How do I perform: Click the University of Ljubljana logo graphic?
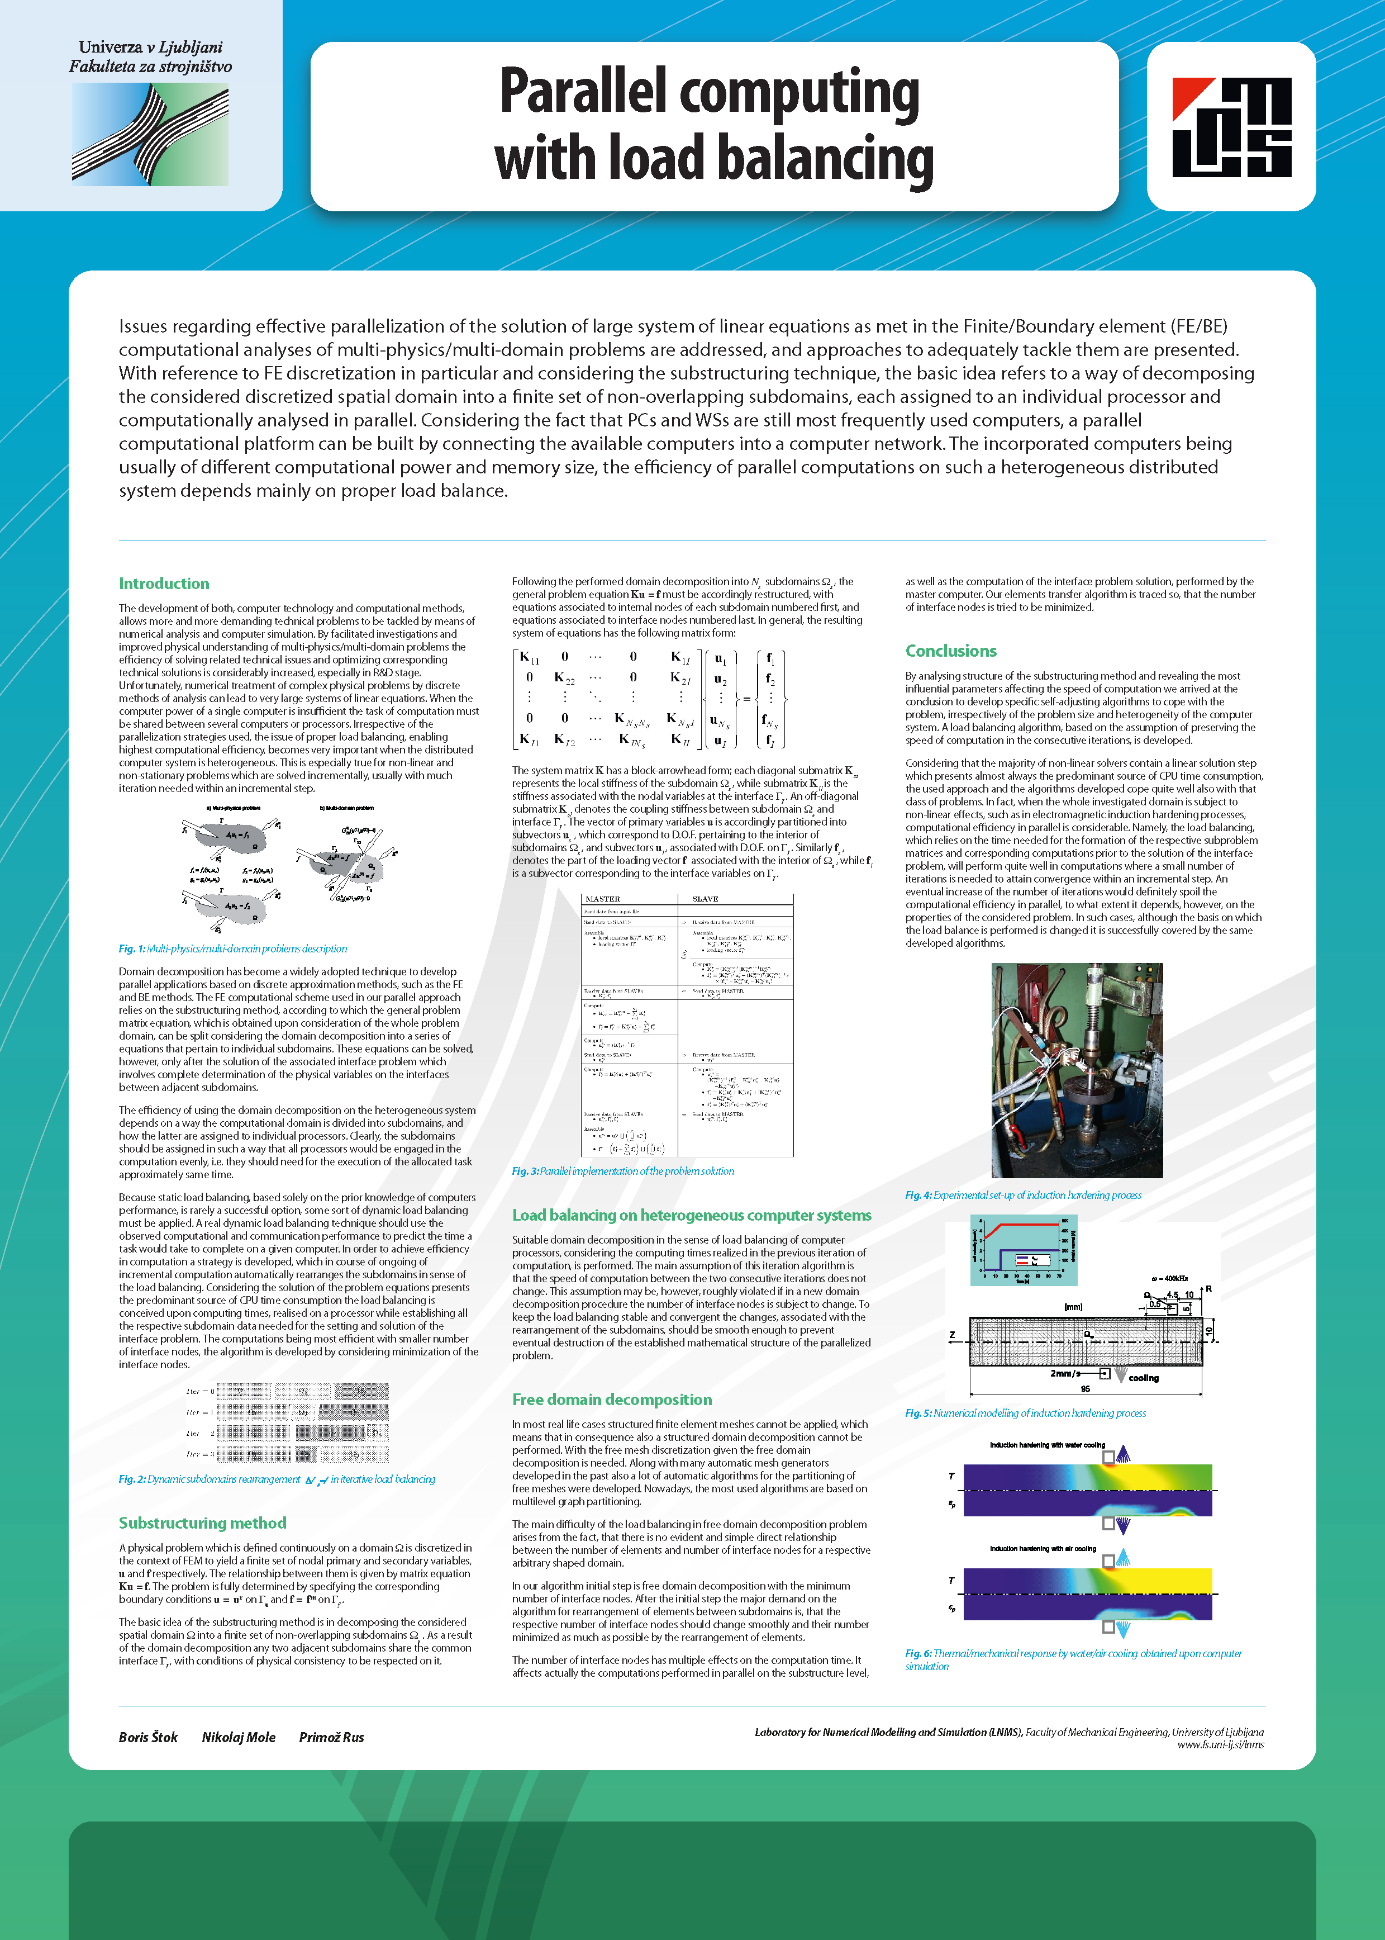click(150, 135)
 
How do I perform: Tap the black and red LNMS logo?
click(1231, 127)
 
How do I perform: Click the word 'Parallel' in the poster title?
click(583, 92)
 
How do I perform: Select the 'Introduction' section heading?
click(164, 584)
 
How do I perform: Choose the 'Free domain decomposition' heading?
click(611, 1399)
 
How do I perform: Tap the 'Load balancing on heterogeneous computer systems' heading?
click(692, 1215)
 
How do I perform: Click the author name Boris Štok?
click(149, 1737)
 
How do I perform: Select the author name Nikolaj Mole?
click(239, 1737)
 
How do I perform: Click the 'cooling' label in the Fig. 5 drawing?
click(1144, 1378)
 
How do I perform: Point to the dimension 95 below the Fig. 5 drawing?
click(1085, 1389)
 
